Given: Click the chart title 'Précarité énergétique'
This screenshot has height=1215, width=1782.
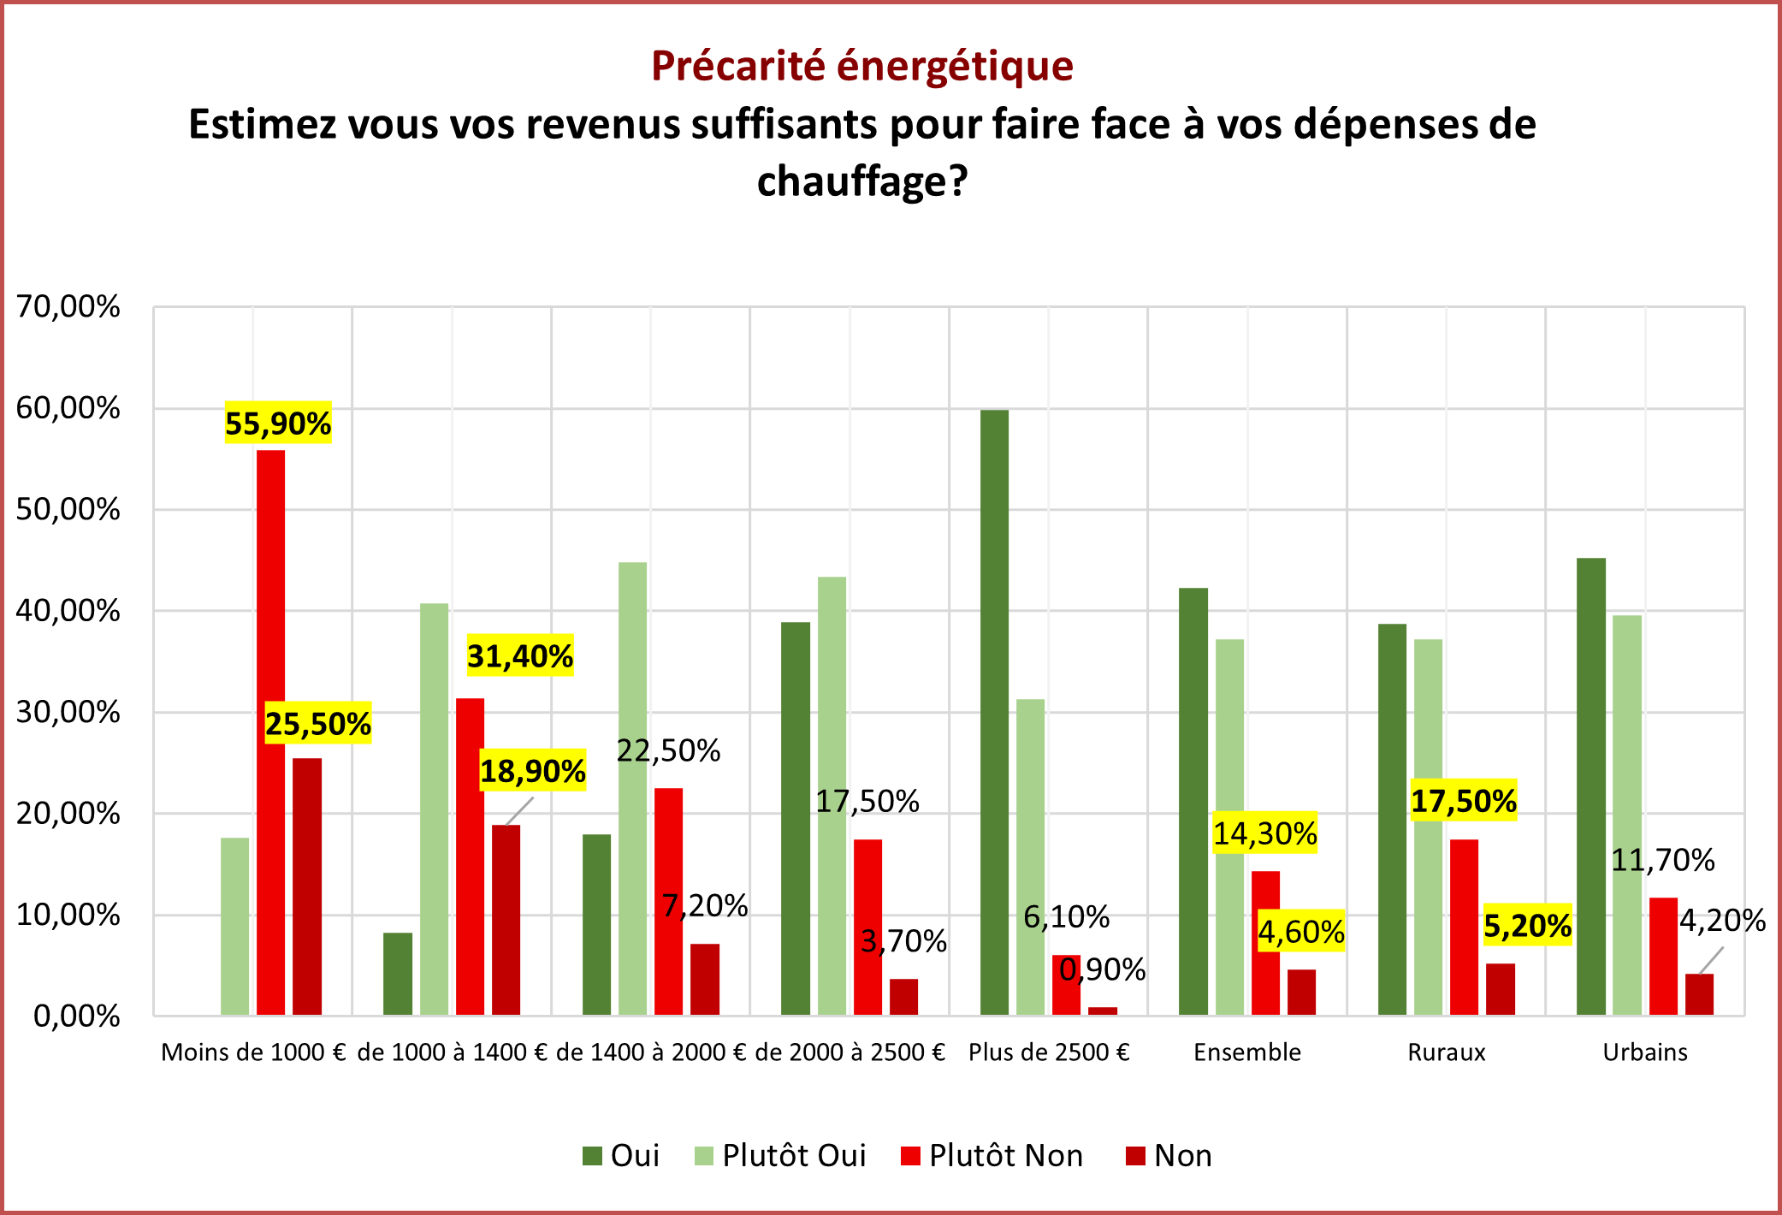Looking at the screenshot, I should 861,66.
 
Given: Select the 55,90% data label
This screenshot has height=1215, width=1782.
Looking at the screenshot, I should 278,424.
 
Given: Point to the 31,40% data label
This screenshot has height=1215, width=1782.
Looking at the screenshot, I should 520,656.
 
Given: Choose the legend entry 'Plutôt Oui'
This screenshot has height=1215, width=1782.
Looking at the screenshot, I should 793,1156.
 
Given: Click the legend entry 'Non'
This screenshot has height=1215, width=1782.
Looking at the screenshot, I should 1181,1156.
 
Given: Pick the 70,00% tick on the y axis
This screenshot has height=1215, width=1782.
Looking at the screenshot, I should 68,306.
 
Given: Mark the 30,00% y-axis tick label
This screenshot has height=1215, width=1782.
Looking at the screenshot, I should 68,712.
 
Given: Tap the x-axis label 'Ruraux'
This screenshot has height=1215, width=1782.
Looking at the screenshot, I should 1446,1052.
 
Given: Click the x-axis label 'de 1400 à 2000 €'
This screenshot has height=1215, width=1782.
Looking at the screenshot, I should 651,1052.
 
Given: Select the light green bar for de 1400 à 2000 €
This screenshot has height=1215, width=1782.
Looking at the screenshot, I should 632,788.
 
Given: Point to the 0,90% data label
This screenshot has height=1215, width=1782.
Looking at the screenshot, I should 1102,969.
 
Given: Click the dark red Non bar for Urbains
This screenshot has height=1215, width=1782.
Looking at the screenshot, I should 1699,994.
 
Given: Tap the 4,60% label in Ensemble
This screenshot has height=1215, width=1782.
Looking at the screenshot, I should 1300,932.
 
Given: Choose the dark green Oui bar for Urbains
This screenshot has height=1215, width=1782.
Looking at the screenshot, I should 1590,786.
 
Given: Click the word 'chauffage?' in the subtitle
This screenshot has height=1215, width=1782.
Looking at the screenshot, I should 861,181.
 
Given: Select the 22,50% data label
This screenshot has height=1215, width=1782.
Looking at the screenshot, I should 668,750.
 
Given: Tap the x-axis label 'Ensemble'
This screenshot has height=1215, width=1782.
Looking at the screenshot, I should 1246,1052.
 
